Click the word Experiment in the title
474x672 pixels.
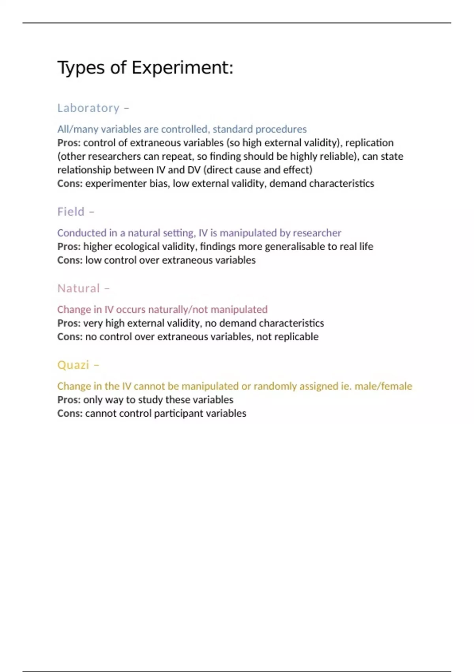(x=182, y=68)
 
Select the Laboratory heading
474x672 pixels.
(x=88, y=108)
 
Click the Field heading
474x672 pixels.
(x=71, y=212)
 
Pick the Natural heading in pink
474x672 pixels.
(x=79, y=289)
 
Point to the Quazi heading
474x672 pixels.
(x=73, y=365)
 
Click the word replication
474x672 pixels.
(x=369, y=143)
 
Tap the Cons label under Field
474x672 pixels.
(x=70, y=260)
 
